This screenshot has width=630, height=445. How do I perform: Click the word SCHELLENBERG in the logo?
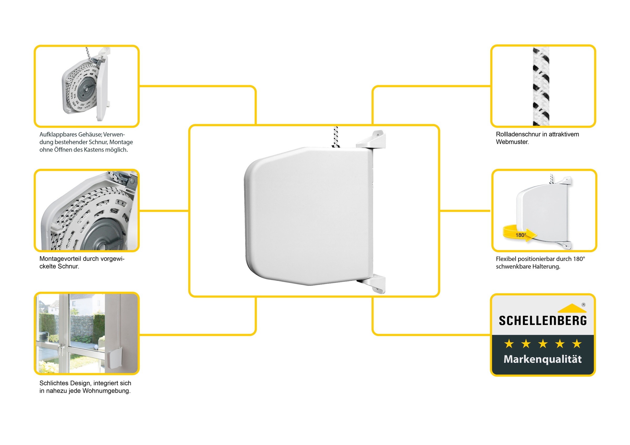pos(543,320)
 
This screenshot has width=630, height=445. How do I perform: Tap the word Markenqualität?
pos(543,359)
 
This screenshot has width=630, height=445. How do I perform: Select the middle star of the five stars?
pos(543,344)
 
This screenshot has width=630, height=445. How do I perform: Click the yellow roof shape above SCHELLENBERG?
pos(572,309)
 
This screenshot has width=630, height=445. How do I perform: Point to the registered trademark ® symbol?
pos(583,305)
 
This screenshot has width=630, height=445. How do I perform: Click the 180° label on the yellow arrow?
pos(521,235)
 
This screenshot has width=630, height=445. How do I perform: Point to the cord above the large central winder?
pos(335,137)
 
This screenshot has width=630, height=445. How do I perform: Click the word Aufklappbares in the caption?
pos(59,135)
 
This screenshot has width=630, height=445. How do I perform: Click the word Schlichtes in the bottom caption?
pos(54,383)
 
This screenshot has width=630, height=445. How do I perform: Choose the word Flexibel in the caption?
pos(505,259)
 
